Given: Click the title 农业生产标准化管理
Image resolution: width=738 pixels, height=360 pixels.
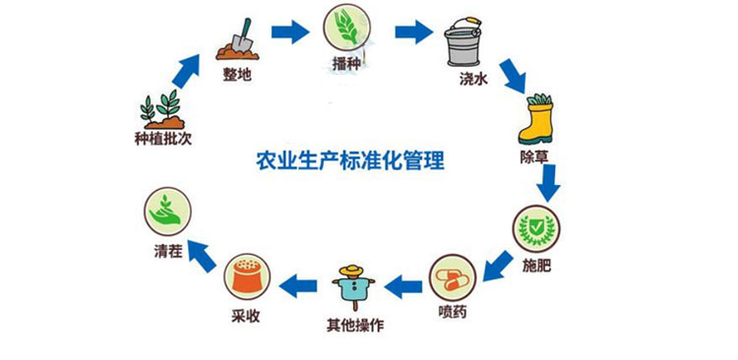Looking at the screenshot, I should (x=350, y=159).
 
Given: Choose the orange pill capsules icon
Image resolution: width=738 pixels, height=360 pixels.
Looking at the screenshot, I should (x=451, y=275).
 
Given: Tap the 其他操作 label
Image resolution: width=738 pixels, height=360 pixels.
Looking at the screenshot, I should (x=352, y=325).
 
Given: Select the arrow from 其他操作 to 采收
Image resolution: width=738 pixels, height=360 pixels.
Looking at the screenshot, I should (x=297, y=286).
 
